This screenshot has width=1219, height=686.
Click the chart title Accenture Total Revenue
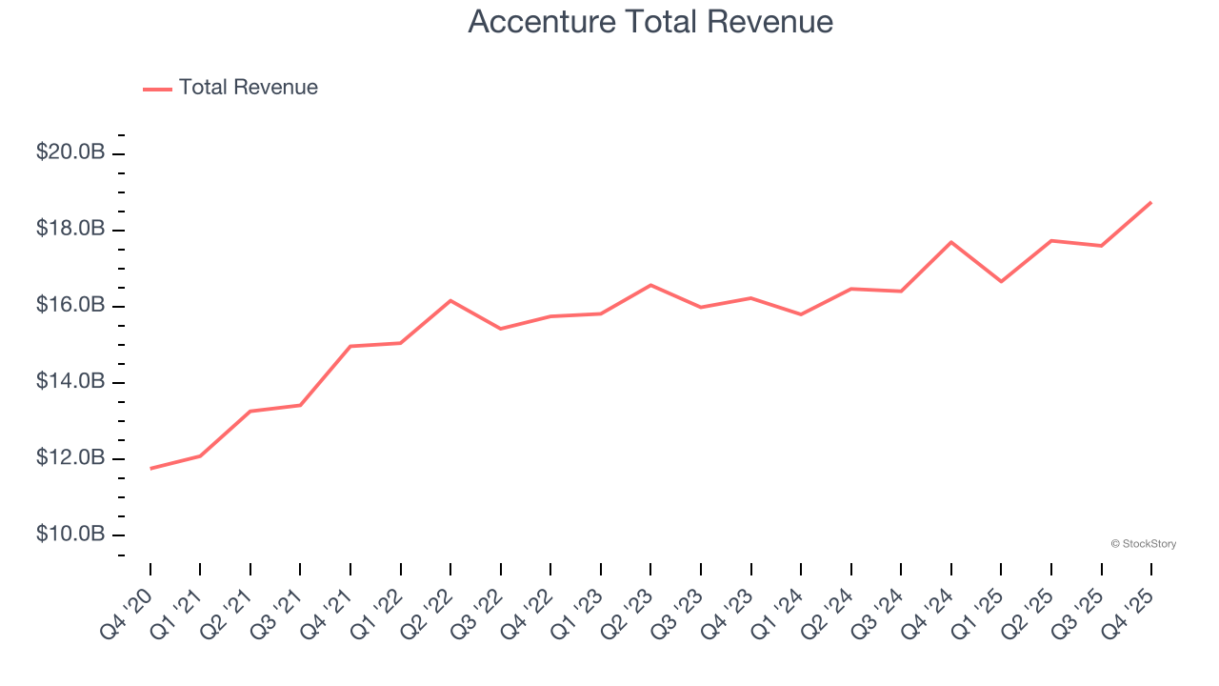pos(650,22)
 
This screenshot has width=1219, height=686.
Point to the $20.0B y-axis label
pos(70,152)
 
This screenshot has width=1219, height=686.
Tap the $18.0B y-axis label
pos(70,230)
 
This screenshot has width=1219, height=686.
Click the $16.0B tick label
pos(70,306)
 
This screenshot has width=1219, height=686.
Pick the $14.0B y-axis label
pos(70,382)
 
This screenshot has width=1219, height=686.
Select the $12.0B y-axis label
pos(70,458)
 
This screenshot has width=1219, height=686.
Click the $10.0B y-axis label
pos(70,535)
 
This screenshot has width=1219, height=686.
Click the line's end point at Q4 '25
pos(1150,202)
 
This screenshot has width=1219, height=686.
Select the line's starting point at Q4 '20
pos(150,468)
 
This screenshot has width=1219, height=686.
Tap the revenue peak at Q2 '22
pos(450,300)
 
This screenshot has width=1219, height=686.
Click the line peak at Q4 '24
pos(950,242)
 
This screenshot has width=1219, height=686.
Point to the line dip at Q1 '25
pos(1001,281)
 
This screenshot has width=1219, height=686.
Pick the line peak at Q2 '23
pos(650,285)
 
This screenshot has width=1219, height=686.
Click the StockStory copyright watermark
pos(1143,544)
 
